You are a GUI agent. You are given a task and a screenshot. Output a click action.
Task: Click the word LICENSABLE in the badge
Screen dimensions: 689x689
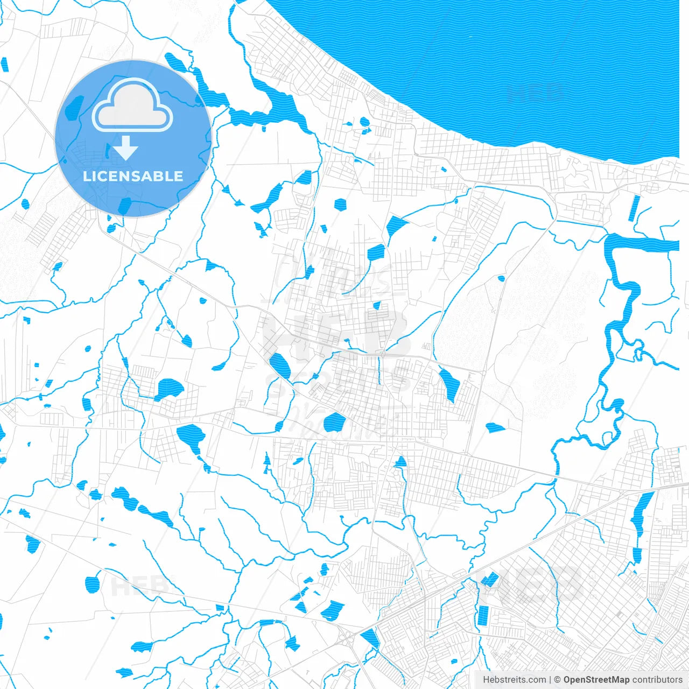133,176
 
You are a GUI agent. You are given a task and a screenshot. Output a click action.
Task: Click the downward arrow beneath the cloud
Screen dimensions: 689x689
126,148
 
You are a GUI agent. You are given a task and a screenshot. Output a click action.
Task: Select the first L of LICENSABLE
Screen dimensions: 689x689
87,176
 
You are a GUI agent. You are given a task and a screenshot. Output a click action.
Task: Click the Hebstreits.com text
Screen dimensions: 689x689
514,680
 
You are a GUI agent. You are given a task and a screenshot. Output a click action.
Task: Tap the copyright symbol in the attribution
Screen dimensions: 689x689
558,680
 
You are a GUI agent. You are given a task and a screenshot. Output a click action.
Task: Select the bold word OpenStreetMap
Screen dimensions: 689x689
596,680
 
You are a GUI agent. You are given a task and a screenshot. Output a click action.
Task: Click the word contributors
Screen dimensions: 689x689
657,680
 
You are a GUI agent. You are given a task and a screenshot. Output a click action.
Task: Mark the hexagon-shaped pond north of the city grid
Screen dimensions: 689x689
340,204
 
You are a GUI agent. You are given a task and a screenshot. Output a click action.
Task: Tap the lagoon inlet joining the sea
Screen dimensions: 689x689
280,105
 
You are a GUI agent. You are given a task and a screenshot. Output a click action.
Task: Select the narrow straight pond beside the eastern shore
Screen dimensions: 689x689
635,208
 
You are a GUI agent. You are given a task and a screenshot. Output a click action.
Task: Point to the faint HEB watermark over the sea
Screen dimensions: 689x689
536,93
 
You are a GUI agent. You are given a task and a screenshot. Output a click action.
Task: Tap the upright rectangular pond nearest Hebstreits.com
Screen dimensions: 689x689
483,615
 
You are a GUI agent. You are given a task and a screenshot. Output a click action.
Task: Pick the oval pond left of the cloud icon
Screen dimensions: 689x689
74,108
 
